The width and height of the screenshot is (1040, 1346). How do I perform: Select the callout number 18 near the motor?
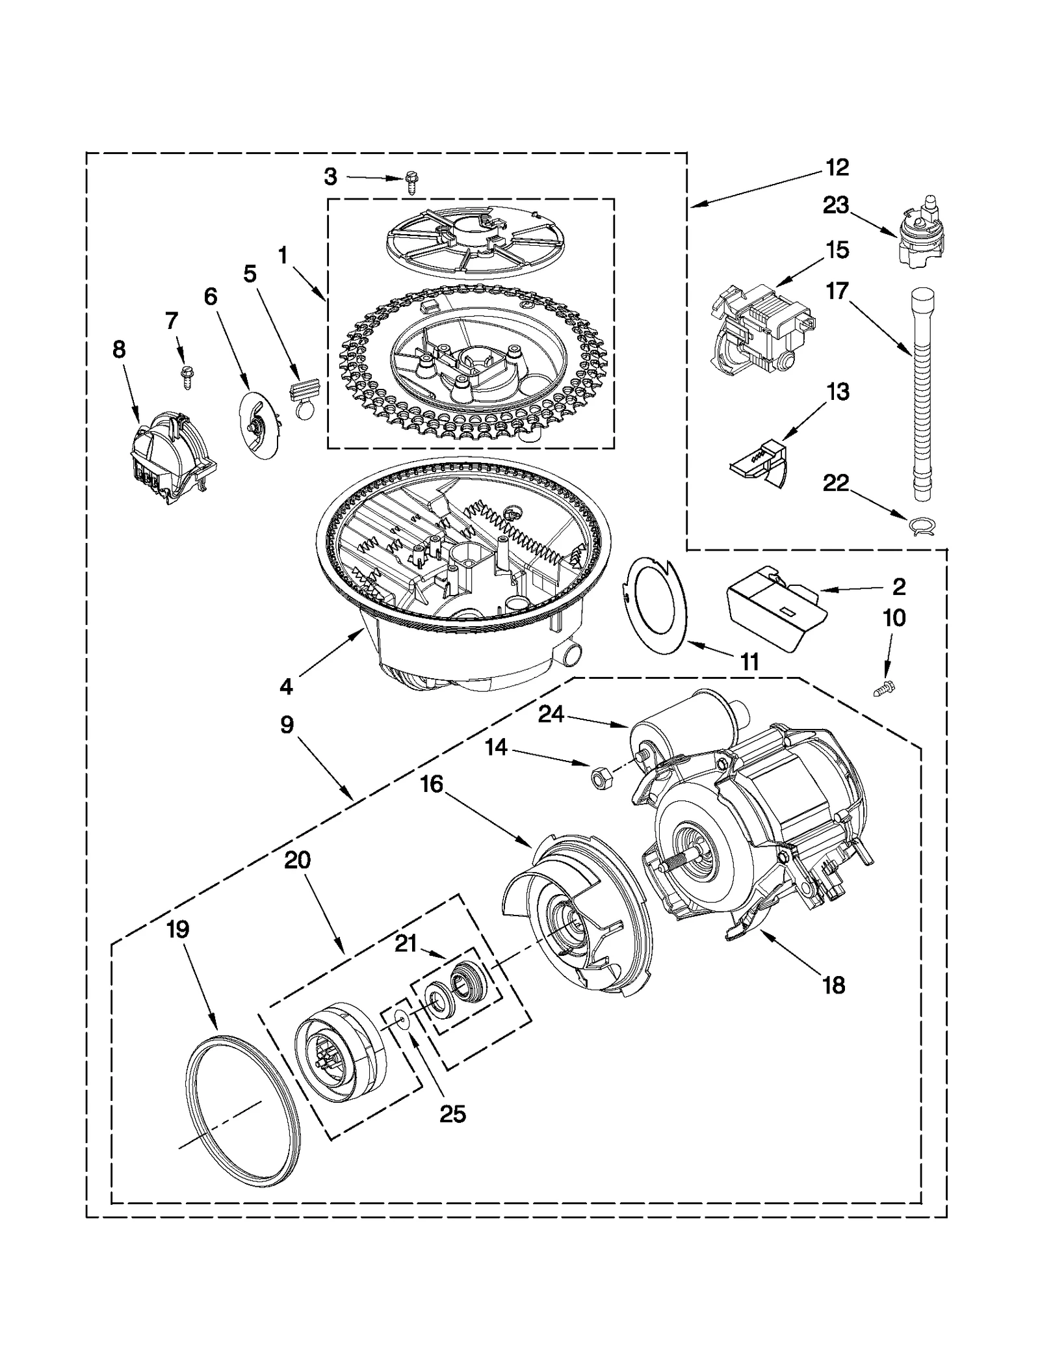coord(834,985)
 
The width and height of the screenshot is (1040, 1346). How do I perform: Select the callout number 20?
coord(298,860)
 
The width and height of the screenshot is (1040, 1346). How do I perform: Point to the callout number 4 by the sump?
coord(286,685)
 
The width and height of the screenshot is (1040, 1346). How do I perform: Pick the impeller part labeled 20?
coord(338,1060)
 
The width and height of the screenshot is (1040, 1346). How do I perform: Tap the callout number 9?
coord(287,724)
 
